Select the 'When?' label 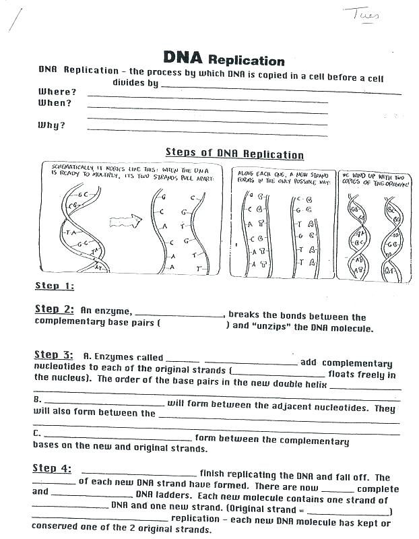pos(55,103)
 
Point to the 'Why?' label pos(51,125)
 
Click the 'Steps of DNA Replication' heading pos(234,154)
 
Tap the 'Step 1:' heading pos(55,286)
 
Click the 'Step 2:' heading pos(54,309)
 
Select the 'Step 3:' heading pos(54,354)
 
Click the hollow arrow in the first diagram pos(127,221)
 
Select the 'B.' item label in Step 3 pos(38,400)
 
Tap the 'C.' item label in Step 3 pos(38,433)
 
